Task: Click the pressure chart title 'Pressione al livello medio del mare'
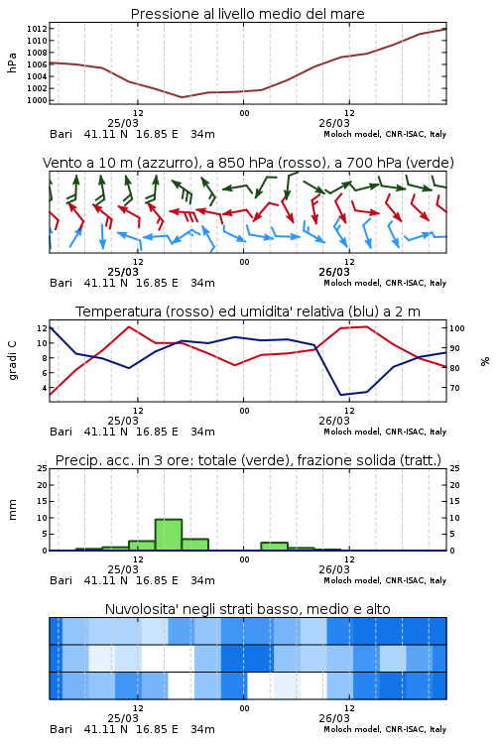point(247,14)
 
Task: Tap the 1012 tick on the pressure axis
point(37,29)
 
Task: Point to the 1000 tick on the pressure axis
point(37,100)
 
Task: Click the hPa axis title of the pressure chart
point(12,62)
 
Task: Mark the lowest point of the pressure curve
point(182,97)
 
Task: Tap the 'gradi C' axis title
point(13,361)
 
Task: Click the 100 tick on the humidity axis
point(457,328)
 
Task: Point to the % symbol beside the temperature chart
point(485,361)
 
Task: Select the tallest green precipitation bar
point(169,535)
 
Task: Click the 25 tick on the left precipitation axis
point(43,468)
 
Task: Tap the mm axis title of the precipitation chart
point(12,510)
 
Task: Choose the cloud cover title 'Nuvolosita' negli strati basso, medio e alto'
point(247,609)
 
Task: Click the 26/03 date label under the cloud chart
point(334,718)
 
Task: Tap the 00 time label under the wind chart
point(244,262)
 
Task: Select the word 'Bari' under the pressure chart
point(61,134)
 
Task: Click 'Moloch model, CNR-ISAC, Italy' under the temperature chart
point(385,432)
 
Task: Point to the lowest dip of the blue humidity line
point(341,395)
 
